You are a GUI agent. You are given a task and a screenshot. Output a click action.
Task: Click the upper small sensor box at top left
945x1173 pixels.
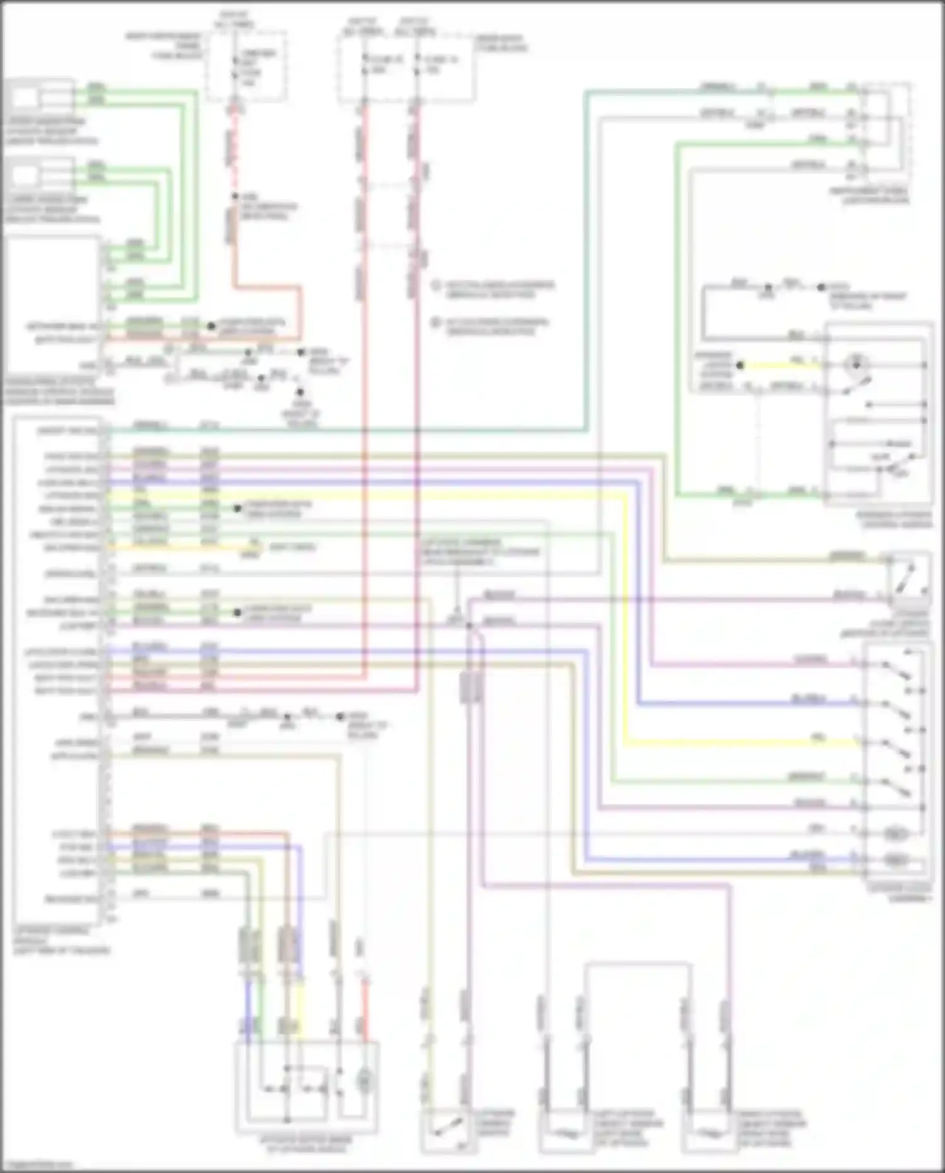(x=25, y=98)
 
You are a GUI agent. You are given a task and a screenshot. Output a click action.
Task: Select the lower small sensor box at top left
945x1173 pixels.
(x=25, y=176)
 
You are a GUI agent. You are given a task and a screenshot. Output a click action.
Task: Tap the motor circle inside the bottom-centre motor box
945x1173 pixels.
(x=364, y=1082)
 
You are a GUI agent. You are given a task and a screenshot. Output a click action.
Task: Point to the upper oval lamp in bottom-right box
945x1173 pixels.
(x=895, y=834)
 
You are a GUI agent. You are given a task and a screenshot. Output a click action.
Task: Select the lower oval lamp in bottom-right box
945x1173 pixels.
(x=895, y=859)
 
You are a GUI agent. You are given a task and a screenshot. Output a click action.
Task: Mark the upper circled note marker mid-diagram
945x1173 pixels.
(x=435, y=286)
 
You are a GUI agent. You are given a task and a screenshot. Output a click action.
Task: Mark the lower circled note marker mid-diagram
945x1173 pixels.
(x=435, y=323)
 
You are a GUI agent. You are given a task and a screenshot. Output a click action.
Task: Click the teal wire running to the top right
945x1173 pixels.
(x=587, y=252)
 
